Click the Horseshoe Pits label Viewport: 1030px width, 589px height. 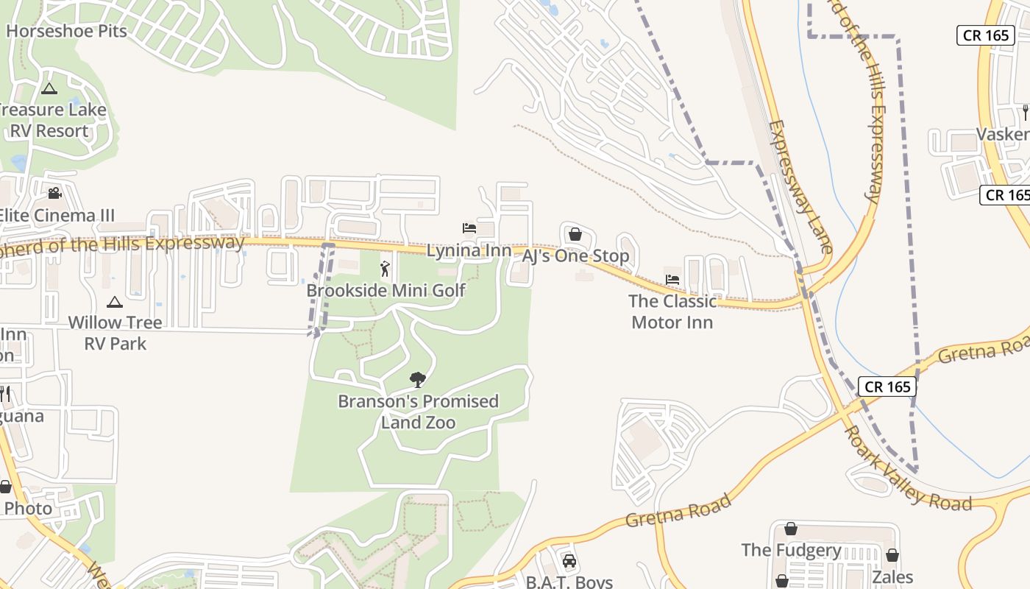coord(66,31)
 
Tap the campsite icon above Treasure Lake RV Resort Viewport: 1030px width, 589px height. coord(49,89)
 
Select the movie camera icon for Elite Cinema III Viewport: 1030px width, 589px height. coord(54,194)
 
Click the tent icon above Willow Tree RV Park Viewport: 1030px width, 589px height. coord(115,302)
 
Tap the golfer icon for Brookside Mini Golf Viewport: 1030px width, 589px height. coord(385,269)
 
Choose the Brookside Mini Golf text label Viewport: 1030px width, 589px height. coord(386,290)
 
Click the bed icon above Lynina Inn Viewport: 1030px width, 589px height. coord(469,228)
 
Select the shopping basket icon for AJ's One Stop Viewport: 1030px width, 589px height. coord(575,235)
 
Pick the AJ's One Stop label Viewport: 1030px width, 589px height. coord(575,255)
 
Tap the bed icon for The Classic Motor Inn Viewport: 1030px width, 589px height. coord(672,280)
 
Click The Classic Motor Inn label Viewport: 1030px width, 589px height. coord(672,311)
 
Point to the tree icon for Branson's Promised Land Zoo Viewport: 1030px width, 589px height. coord(418,380)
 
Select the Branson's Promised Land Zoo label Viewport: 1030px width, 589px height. coord(418,412)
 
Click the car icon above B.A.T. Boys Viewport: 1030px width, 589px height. coord(569,561)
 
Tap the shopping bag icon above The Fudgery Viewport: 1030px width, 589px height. coord(791,529)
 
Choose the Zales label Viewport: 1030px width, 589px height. coord(892,576)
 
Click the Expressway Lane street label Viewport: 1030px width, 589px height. coord(800,187)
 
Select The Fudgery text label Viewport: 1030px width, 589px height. coord(791,550)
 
